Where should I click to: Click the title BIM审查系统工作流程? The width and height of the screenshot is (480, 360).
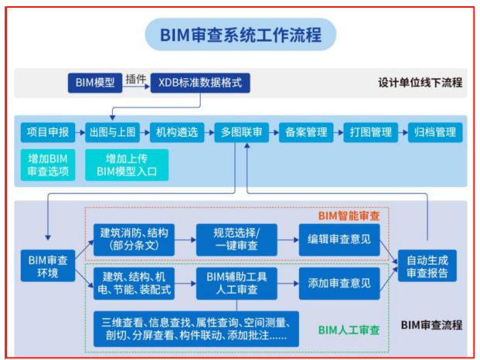(x=240, y=35)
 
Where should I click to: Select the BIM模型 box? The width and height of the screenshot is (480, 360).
(x=95, y=82)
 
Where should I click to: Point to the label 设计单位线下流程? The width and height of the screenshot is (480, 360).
(x=420, y=82)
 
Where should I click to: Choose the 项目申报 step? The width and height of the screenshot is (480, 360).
(x=43, y=132)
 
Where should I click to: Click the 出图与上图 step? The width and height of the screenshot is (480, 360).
(x=112, y=132)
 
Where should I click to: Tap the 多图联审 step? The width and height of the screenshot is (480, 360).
(x=241, y=132)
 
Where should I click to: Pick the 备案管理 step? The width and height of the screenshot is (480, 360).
(x=306, y=132)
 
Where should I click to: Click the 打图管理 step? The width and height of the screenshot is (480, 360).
(x=370, y=132)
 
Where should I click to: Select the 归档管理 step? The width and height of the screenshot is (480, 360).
(x=435, y=132)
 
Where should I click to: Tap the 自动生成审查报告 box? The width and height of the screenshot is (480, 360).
(x=427, y=266)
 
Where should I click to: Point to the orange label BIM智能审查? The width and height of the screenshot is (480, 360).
(x=349, y=216)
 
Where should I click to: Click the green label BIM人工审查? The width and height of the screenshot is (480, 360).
(x=349, y=330)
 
